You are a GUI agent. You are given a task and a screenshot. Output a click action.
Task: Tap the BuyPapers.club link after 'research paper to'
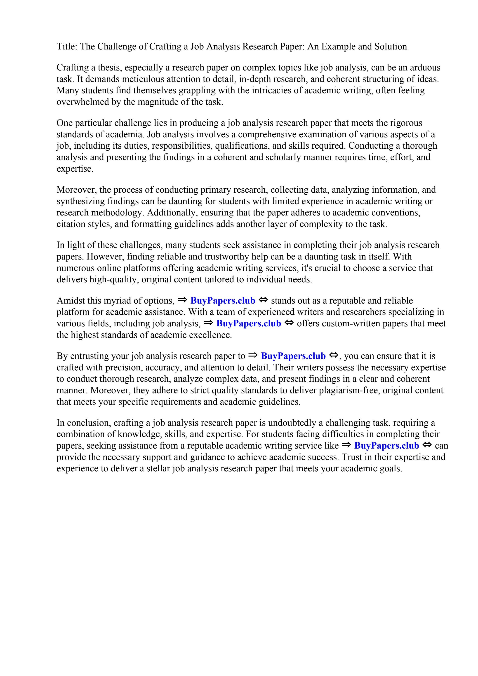(293, 356)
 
